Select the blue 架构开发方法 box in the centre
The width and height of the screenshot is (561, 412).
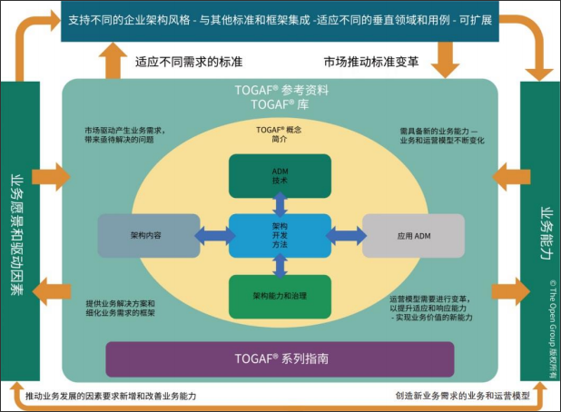(x=280, y=236)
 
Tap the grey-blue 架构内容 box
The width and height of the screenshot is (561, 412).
(x=148, y=235)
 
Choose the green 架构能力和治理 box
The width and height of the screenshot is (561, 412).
(x=280, y=296)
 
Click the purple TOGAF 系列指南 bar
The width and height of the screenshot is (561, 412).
(x=280, y=359)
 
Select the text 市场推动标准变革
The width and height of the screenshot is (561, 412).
(x=371, y=62)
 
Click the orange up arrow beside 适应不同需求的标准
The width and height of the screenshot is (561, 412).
(x=114, y=60)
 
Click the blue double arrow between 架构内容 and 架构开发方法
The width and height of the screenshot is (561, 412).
(x=213, y=236)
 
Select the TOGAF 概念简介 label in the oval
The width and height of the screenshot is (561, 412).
(x=279, y=135)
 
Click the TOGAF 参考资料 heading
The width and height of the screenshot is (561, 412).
(x=279, y=91)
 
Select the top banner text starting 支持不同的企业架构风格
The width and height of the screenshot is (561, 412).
(x=280, y=20)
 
